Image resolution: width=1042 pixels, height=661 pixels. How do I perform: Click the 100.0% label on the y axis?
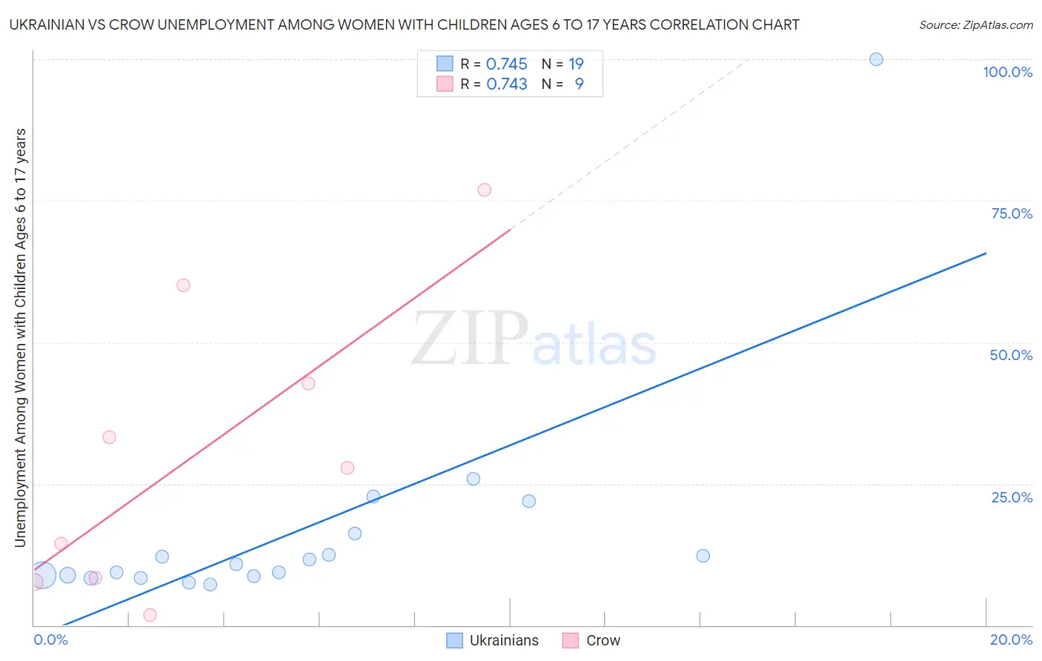coord(1007,72)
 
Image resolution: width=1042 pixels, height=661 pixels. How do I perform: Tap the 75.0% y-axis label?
coord(1012,213)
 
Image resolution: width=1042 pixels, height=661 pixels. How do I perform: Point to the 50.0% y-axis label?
coord(1011,355)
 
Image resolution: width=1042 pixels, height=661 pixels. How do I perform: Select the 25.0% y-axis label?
coord(1012,497)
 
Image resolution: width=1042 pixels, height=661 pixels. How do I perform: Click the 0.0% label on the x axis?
coord(50,640)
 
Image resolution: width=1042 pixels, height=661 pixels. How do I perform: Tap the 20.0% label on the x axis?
coord(1011,640)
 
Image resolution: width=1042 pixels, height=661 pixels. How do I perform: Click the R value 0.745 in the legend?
coord(506,64)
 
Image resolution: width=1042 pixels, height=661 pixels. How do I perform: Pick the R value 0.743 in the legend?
coord(506,84)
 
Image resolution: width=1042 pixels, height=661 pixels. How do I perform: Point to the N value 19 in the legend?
coord(576,64)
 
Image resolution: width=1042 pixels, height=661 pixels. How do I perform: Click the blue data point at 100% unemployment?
coord(876,59)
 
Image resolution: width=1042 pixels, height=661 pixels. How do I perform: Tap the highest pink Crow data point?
coord(485,190)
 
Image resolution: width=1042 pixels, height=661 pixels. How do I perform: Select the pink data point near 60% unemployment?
coord(183,285)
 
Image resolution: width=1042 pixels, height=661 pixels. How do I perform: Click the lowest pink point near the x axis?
coord(150,615)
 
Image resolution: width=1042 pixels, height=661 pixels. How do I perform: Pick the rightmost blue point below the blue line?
coord(703,556)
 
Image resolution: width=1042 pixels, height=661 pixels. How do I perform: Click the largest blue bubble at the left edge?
coord(42,574)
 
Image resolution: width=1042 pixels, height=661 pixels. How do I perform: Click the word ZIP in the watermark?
coord(469,339)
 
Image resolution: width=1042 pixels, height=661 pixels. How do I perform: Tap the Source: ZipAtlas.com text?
coord(975,25)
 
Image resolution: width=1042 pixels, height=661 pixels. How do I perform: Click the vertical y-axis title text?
coord(20,338)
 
